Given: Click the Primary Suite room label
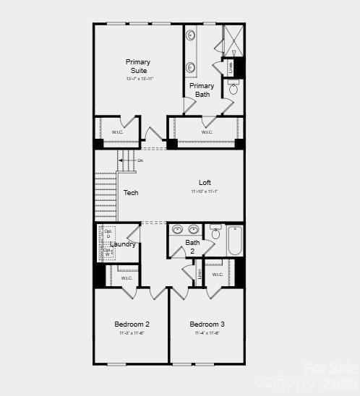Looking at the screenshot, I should click(137, 66).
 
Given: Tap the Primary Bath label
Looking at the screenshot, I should click(202, 90).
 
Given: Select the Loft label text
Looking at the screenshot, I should click(205, 182).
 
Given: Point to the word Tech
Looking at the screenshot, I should click(131, 193).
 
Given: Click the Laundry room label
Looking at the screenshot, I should click(123, 244).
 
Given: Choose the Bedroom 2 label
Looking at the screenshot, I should click(132, 324).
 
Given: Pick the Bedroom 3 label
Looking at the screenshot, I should click(207, 324).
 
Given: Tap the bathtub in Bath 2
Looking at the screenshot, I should click(235, 241).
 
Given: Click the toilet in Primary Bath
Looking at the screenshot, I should click(233, 89).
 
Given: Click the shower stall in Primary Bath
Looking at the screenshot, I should click(233, 40).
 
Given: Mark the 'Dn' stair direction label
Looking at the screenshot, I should click(140, 160).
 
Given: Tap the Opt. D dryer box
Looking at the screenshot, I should click(107, 234).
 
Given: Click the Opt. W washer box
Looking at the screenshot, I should click(107, 252).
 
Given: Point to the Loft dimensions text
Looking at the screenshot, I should click(205, 191).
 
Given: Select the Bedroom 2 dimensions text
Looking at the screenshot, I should click(132, 333).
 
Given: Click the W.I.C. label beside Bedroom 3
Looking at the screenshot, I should click(217, 275).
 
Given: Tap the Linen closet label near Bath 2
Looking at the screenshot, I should click(200, 275).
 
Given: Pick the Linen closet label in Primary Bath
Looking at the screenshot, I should click(231, 67).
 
